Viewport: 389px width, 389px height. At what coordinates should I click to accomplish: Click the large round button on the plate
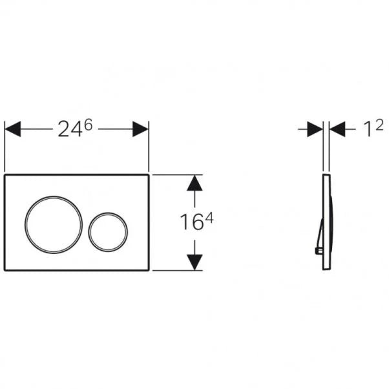[x=54, y=222]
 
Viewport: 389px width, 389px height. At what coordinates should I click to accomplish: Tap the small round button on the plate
[x=109, y=231]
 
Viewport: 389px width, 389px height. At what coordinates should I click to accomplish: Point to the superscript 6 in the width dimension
[x=88, y=125]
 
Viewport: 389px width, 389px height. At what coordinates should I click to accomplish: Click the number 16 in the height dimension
[x=191, y=223]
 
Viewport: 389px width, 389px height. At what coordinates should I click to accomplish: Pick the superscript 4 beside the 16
[x=209, y=218]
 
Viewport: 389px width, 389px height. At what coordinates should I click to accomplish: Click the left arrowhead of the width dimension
[x=14, y=129]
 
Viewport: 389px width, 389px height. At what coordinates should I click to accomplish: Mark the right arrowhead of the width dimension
[x=140, y=129]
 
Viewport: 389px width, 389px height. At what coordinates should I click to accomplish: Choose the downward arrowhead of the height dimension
[x=194, y=262]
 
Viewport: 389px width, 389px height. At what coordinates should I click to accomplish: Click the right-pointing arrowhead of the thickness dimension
[x=315, y=129]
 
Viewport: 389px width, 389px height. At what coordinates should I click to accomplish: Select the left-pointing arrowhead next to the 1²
[x=338, y=129]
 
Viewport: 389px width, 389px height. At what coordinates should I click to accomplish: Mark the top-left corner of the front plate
[x=6, y=174]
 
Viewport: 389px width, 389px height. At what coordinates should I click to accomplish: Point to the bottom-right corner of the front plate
[x=149, y=270]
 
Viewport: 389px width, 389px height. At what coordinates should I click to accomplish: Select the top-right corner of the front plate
[x=149, y=174]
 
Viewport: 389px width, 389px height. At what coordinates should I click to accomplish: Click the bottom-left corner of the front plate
[x=6, y=270]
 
